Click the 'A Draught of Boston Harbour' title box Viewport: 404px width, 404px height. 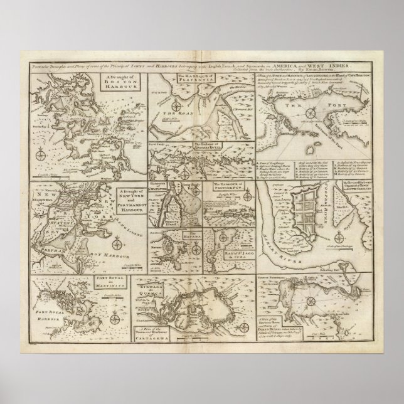click(x=117, y=85)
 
